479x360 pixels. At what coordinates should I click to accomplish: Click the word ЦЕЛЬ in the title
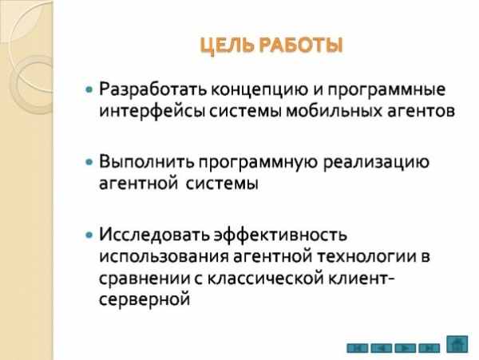pos(227,45)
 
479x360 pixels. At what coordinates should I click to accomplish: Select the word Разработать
pos(153,89)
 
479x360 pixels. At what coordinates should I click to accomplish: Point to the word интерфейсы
pos(152,111)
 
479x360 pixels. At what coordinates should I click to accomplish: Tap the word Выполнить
pos(147,162)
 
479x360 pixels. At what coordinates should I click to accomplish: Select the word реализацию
pos(376,163)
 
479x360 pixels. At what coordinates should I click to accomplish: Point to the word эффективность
pos(280,235)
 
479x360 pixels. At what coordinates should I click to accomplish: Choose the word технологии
pos(365,256)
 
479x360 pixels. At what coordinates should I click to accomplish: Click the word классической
pos(266,279)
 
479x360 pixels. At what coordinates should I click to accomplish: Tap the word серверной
pos(144,299)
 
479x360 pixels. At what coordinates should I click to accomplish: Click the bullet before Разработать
pos(89,89)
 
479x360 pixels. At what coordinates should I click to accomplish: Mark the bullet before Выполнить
pos(89,162)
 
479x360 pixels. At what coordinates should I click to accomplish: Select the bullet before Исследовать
pos(89,235)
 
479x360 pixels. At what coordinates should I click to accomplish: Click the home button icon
pos(457,344)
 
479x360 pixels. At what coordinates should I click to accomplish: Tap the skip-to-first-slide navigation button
pos(358,348)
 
